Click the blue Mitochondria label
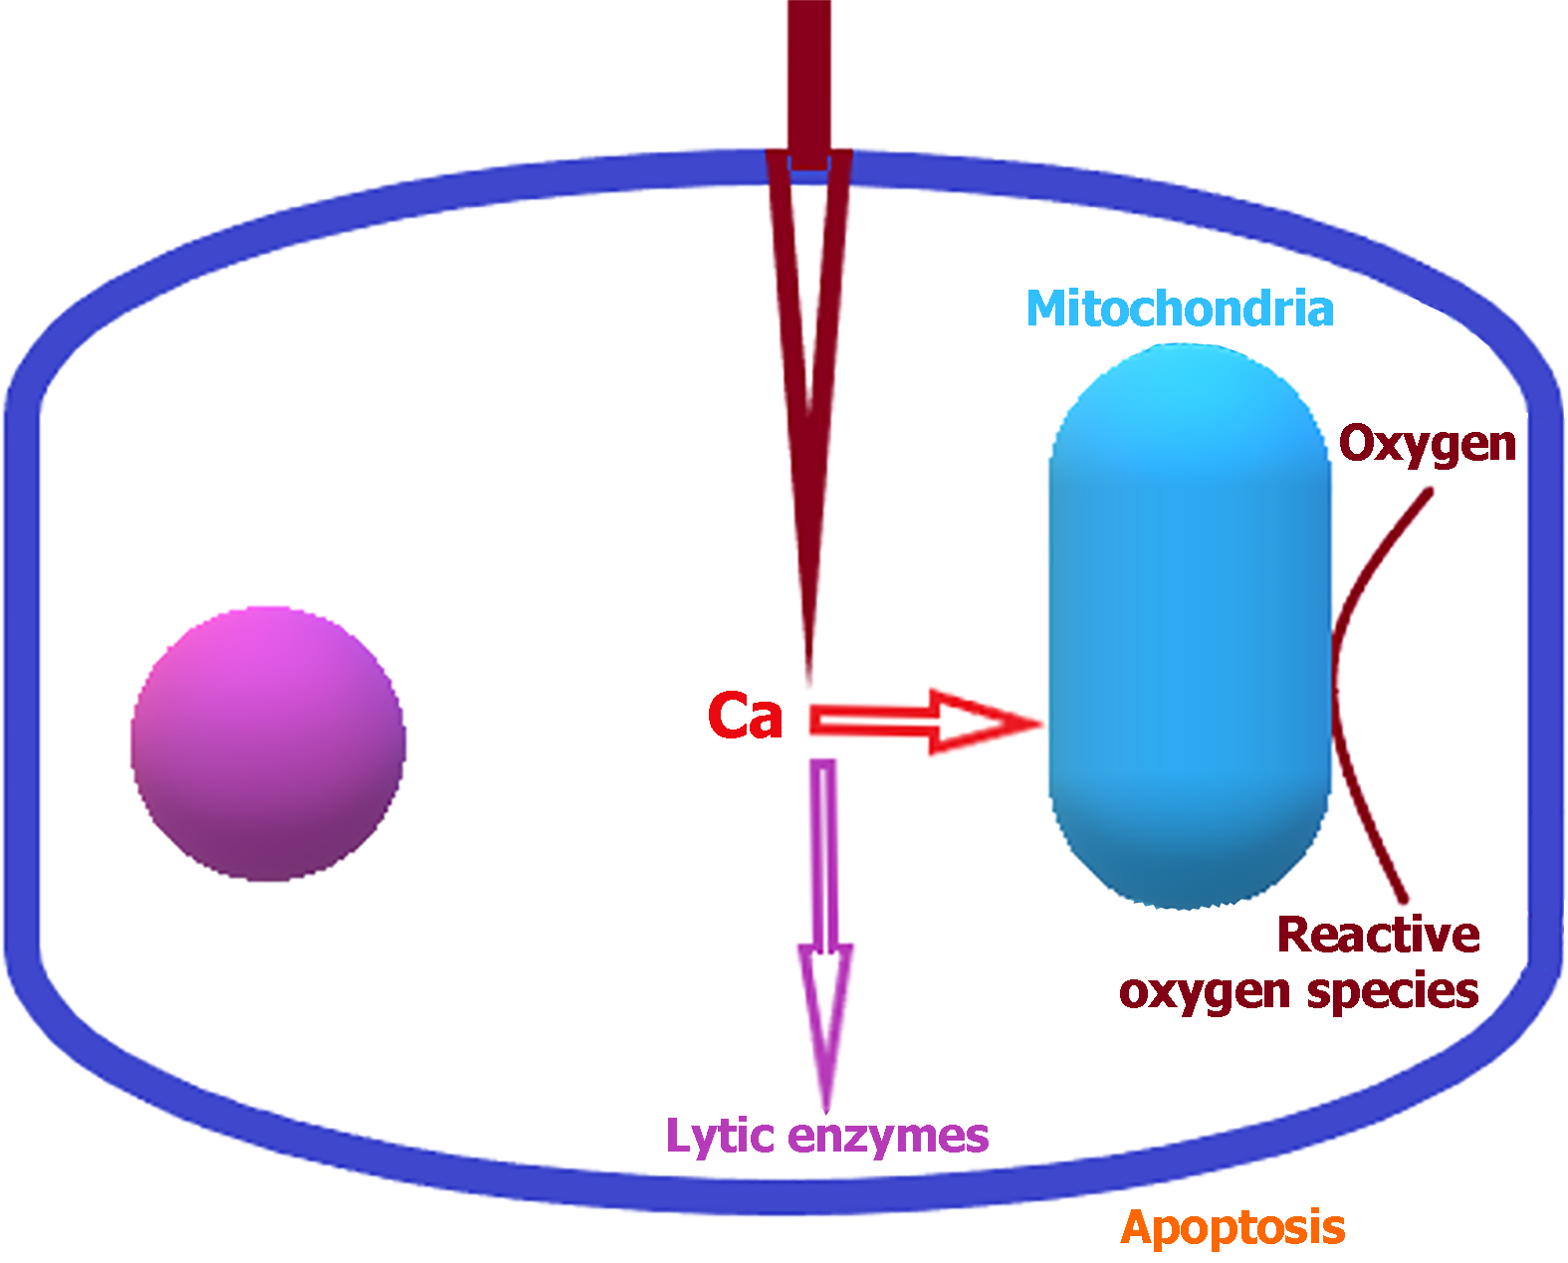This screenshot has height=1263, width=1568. click(1180, 310)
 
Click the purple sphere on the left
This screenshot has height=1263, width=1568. click(268, 743)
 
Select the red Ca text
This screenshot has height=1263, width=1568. click(745, 716)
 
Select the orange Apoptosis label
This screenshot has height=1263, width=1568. click(1232, 1227)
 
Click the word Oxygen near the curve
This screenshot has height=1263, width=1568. click(1427, 444)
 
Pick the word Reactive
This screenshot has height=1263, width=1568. click(1379, 935)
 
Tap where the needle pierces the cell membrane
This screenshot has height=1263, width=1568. click(808, 165)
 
